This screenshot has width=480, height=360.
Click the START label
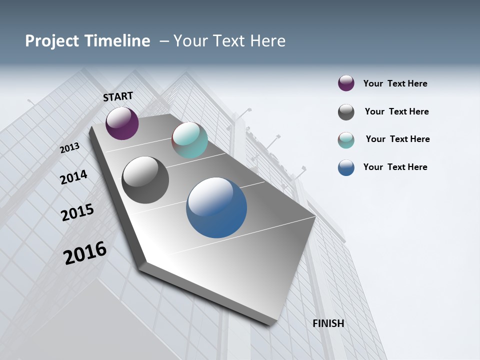118,96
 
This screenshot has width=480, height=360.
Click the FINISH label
328,323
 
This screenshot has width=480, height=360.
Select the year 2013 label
70,147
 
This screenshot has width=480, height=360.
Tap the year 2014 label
73,177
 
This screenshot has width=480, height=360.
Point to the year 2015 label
77,212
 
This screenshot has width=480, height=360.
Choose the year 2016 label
85,253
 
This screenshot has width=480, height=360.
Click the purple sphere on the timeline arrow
122,123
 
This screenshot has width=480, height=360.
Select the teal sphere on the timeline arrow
189,140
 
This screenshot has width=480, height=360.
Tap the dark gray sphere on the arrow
145,180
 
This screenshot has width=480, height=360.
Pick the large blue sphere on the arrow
216,207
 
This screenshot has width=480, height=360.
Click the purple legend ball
346,83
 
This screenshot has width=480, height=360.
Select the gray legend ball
346,112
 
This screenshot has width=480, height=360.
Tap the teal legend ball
346,140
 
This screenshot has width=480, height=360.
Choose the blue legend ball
346,167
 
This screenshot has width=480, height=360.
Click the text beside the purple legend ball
395,84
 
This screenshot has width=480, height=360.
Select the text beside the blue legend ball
395,167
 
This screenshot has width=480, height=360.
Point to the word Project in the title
52,41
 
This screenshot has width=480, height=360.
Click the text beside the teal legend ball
397,139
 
